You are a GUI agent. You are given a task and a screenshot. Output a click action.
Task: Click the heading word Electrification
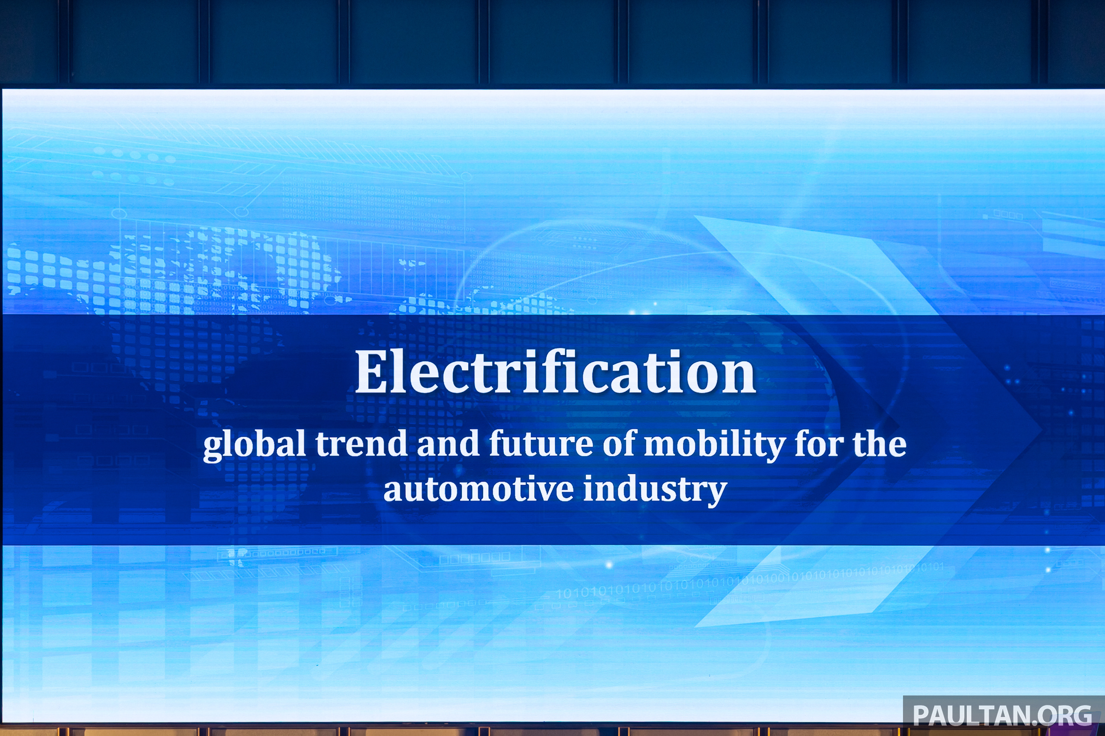tap(556, 371)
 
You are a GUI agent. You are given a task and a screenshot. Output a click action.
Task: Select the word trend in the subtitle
tap(361, 444)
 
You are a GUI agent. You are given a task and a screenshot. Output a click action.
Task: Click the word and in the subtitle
tap(448, 444)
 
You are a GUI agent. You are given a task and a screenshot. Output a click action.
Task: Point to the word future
tap(541, 444)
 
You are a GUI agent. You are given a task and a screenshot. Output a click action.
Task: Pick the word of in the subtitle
tap(619, 444)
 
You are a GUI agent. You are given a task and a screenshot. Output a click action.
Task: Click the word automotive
tap(478, 489)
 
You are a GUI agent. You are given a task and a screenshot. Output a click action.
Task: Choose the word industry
tap(655, 491)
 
